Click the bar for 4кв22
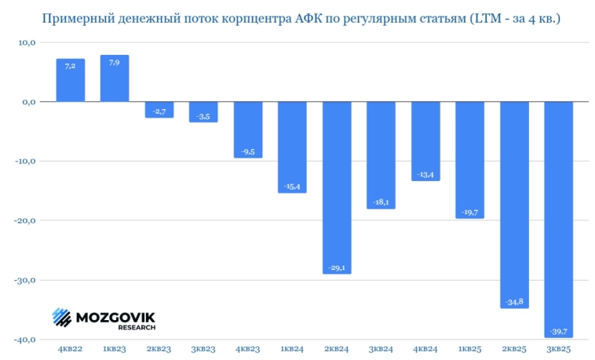pyautogui.click(x=70, y=80)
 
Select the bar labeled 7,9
pyautogui.click(x=115, y=78)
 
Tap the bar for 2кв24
pyautogui.click(x=337, y=187)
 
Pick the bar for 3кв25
pyautogui.click(x=558, y=220)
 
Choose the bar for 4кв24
pyautogui.click(x=425, y=141)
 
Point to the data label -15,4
pyautogui.click(x=292, y=186)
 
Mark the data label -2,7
pyautogui.click(x=159, y=111)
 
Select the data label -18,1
pyautogui.click(x=381, y=202)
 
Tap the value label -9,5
pyautogui.click(x=248, y=151)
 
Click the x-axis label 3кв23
pyautogui.click(x=203, y=349)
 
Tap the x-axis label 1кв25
pyautogui.click(x=469, y=349)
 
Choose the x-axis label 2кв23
pyautogui.click(x=159, y=349)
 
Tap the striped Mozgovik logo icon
pyautogui.click(x=62, y=317)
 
